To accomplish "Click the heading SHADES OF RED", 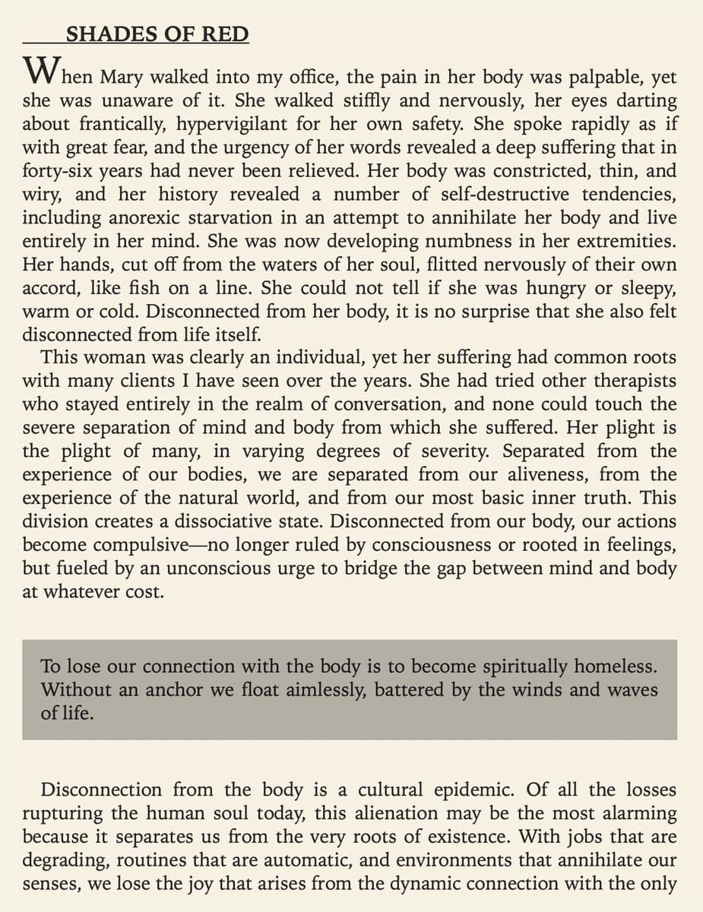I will pyautogui.click(x=157, y=34).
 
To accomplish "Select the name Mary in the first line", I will pyautogui.click(x=126, y=78).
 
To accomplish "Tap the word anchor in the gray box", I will pyautogui.click(x=173, y=690).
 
